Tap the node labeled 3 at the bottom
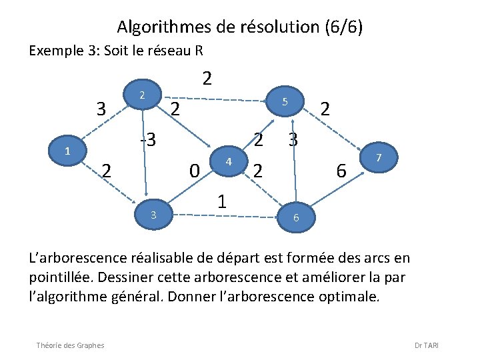153,214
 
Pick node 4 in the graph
228,161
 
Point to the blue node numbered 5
284,102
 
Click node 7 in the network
378,157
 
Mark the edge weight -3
147,140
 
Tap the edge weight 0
193,171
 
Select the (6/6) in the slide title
344,27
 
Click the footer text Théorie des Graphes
71,345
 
